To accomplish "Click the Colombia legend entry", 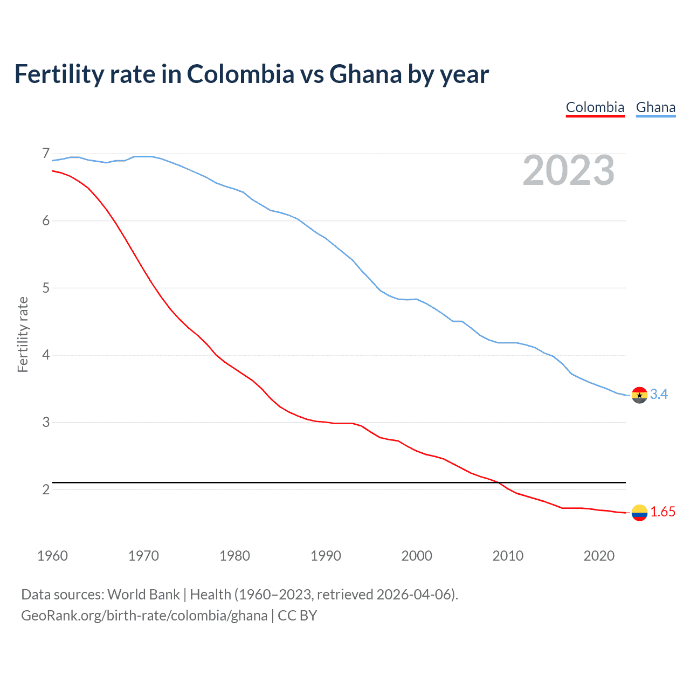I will pyautogui.click(x=595, y=107).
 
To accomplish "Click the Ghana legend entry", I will pyautogui.click(x=655, y=107).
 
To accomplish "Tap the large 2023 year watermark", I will pyautogui.click(x=568, y=170).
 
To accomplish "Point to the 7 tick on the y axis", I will pyautogui.click(x=46, y=154).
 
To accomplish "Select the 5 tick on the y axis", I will pyautogui.click(x=46, y=288).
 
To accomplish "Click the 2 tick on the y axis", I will pyautogui.click(x=46, y=489).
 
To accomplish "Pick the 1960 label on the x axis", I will pyautogui.click(x=52, y=556).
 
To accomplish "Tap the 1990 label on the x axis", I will pyautogui.click(x=326, y=556).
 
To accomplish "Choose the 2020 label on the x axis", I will pyautogui.click(x=599, y=556).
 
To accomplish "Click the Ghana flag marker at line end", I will pyautogui.click(x=639, y=395).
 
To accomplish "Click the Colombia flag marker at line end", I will pyautogui.click(x=639, y=513).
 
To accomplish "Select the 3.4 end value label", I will pyautogui.click(x=659, y=395).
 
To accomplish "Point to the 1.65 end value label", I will pyautogui.click(x=663, y=512).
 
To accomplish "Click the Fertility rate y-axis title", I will pyautogui.click(x=23, y=334).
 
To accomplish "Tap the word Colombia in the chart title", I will pyautogui.click(x=240, y=74).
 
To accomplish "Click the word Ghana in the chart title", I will pyautogui.click(x=365, y=74).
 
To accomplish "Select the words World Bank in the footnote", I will pyautogui.click(x=143, y=595).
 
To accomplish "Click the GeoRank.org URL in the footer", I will pyautogui.click(x=144, y=616).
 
